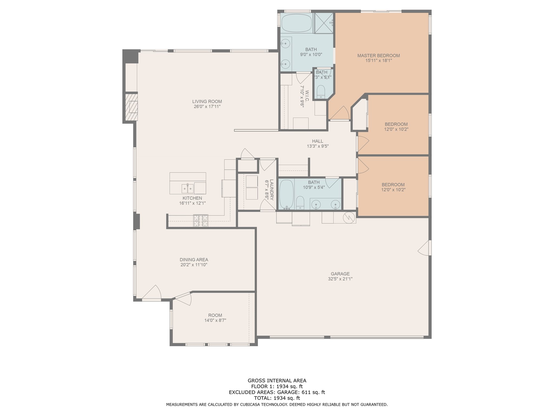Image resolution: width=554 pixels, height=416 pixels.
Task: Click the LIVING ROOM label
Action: coord(207,102)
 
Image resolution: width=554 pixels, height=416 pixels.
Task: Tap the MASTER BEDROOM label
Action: coord(378,56)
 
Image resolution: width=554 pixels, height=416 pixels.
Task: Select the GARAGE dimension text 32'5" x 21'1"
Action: coord(340,279)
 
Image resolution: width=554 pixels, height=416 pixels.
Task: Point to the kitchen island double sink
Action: coord(188,188)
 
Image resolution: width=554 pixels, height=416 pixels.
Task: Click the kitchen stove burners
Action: coord(201,221)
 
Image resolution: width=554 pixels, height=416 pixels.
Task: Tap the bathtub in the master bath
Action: coord(297,23)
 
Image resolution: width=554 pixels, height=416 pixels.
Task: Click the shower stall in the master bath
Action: coord(324,23)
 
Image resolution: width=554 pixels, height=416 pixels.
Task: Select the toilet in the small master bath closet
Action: coord(321,91)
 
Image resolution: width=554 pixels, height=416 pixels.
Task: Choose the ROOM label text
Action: coord(215,315)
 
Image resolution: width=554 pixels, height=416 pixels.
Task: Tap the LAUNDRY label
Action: coord(272,190)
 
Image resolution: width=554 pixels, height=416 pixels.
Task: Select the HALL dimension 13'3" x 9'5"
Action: coord(318,146)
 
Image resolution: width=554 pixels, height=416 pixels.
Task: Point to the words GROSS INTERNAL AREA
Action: coord(277,381)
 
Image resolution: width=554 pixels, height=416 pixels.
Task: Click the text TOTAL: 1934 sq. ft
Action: coord(277,398)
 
